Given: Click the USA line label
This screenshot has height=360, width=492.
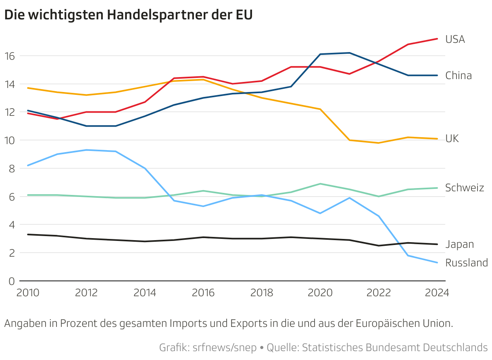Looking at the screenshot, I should point(455,39).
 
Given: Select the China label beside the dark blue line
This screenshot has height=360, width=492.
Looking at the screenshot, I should point(458,75).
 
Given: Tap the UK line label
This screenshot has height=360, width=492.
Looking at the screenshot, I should point(452,138).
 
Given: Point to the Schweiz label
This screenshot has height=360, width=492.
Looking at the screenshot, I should point(464,188).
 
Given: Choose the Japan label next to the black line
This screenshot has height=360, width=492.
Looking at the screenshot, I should point(459,244).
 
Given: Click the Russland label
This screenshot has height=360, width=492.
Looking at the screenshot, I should point(466,263).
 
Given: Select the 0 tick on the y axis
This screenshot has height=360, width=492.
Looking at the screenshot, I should point(12,281).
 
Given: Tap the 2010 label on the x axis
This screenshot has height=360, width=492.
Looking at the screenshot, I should point(28,293).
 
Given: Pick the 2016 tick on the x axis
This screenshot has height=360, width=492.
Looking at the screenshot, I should point(203,293).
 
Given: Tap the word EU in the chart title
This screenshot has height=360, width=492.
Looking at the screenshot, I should point(244,15).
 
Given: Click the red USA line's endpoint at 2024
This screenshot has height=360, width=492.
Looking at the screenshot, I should point(438,39).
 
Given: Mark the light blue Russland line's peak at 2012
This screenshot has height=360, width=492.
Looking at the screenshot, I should point(86,150).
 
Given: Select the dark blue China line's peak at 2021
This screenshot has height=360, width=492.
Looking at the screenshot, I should point(349,53).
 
